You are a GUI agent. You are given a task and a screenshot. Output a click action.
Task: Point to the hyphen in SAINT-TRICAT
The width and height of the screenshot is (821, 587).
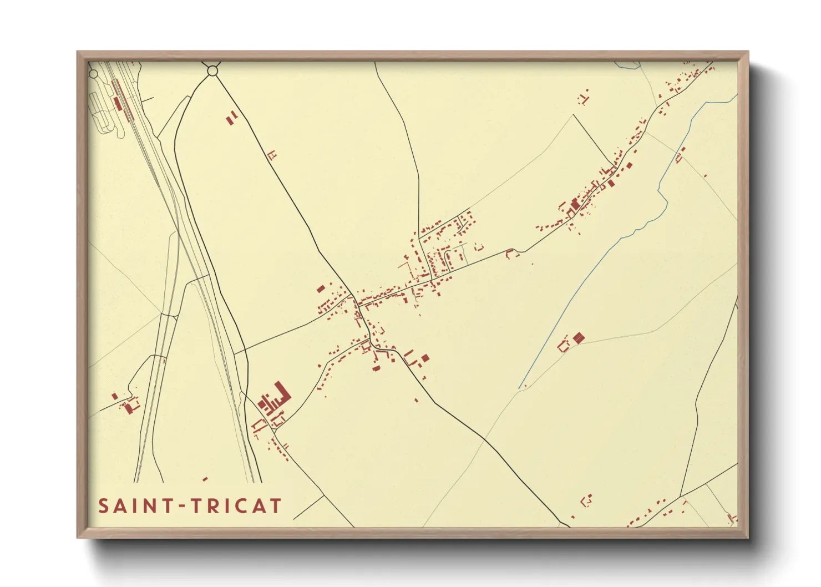(x=181, y=507)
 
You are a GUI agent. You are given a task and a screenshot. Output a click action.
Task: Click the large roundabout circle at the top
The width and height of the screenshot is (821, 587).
(x=212, y=70)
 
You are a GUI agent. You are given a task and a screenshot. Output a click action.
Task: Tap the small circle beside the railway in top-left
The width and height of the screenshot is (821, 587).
(x=94, y=74)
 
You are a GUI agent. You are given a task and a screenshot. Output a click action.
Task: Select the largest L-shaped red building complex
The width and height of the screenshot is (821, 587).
(x=276, y=397)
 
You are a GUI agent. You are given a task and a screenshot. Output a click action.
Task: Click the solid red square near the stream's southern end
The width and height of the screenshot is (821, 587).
(x=579, y=337)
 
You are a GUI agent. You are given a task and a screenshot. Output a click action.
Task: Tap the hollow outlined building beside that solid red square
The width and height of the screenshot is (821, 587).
(x=564, y=346)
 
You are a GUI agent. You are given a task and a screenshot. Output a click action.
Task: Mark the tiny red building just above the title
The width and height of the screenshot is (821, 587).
(x=205, y=479)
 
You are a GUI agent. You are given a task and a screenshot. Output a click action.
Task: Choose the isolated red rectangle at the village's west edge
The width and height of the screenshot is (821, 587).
(x=320, y=289)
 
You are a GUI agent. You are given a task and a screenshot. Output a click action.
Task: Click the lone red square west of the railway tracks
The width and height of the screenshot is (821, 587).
(x=115, y=396)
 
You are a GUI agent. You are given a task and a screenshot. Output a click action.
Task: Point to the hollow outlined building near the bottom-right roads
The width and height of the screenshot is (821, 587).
(x=586, y=500)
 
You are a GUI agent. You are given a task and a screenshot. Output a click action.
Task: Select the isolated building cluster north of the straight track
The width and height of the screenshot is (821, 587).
(x=583, y=99)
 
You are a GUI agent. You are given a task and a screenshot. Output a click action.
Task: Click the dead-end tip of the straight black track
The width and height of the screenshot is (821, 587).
(x=573, y=115)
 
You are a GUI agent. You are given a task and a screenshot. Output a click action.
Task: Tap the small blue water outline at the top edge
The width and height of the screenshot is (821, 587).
(x=626, y=65)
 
